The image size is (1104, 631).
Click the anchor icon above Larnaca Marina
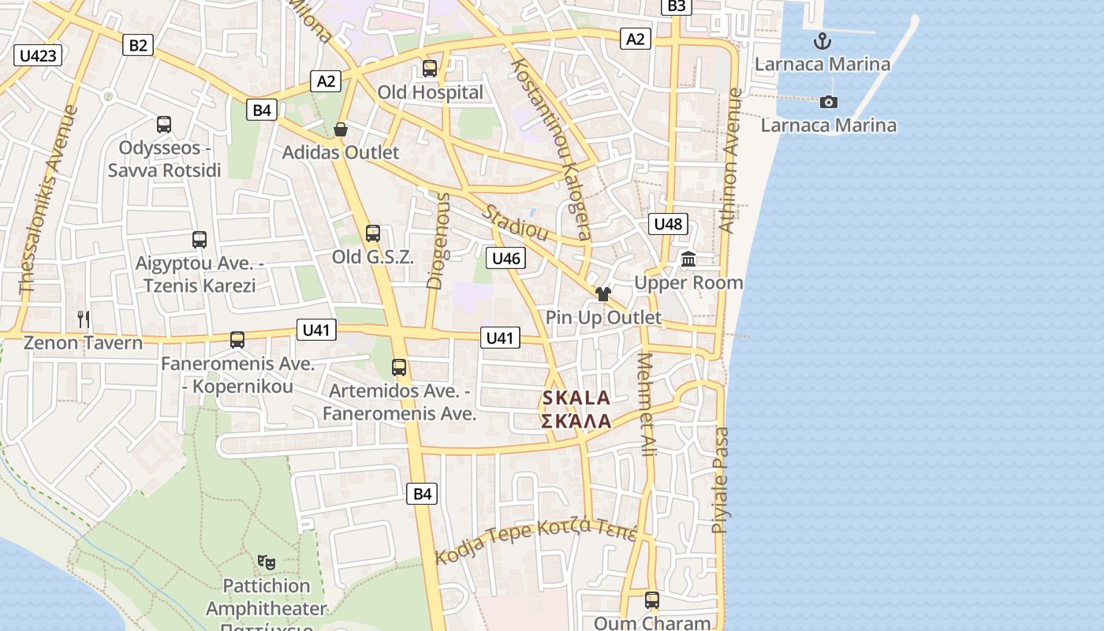(x=822, y=40)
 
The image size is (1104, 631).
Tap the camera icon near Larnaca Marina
(x=828, y=102)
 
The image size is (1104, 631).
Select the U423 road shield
(x=38, y=55)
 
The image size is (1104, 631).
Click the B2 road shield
(x=137, y=45)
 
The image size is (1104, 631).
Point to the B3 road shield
(x=677, y=6)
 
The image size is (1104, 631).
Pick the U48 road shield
(x=668, y=224)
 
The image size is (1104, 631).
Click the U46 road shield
(x=505, y=258)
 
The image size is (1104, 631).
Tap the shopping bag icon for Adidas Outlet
(x=341, y=129)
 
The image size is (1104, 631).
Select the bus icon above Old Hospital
(x=430, y=68)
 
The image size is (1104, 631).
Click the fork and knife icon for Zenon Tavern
(x=84, y=319)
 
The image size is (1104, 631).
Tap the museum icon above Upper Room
(x=688, y=259)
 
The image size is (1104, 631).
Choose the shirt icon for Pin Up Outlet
(x=603, y=294)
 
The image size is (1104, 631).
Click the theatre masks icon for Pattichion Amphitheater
(x=267, y=562)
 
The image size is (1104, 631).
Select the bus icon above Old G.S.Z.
(x=373, y=233)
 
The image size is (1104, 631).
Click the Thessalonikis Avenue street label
(x=49, y=200)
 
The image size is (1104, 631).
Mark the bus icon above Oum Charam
(x=651, y=600)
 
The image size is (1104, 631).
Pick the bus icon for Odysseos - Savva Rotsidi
(x=164, y=124)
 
